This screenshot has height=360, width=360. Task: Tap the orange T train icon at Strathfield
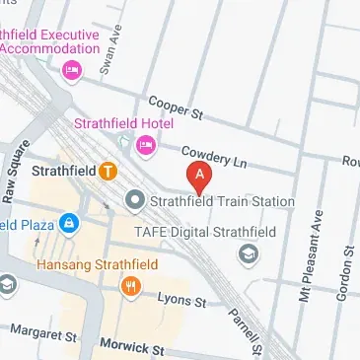click(x=108, y=171)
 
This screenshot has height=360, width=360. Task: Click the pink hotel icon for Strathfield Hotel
click(x=145, y=146)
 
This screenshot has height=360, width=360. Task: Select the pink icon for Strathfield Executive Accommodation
click(x=70, y=70)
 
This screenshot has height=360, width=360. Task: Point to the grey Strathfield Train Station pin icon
click(x=135, y=201)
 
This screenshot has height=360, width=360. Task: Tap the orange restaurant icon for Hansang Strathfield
click(x=130, y=286)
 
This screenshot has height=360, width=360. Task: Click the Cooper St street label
click(x=175, y=108)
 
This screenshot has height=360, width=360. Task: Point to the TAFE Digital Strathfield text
click(x=205, y=230)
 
